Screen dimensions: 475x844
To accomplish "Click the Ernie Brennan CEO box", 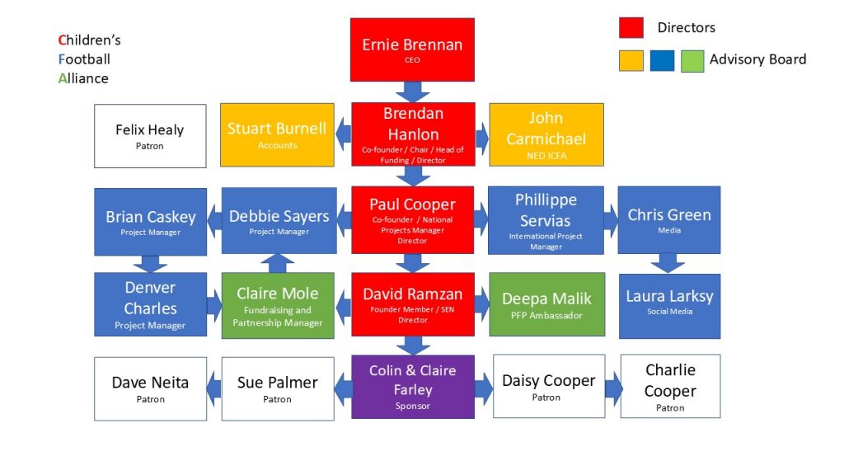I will pos(412,49).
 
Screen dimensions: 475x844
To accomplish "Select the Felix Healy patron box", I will pos(150,136).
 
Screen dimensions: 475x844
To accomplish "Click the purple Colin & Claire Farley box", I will pos(412,387).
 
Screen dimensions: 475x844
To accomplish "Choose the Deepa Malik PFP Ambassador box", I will pos(546,304).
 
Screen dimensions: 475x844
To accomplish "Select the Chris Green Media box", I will pos(669,219).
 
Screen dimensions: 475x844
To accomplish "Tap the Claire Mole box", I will pos(277,305).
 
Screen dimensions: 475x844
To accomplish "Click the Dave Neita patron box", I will pos(150,388).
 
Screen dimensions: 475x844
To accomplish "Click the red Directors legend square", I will pos(631,28).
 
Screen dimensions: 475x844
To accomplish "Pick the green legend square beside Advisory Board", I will pos(692,60).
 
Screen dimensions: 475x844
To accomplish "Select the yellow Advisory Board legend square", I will pos(631,60).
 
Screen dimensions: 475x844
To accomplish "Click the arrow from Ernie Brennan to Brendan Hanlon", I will pos(412,92).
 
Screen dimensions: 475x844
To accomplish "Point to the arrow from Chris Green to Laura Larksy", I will pos(668,263).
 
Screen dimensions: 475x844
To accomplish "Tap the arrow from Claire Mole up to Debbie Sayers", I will pos(277,263).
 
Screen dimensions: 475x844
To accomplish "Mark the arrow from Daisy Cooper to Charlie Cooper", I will pos(612,388).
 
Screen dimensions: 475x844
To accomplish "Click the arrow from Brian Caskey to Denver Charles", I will pos(150,264).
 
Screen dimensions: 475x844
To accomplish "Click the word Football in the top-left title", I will pos(84,59).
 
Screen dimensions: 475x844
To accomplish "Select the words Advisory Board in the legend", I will pos(757,59).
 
